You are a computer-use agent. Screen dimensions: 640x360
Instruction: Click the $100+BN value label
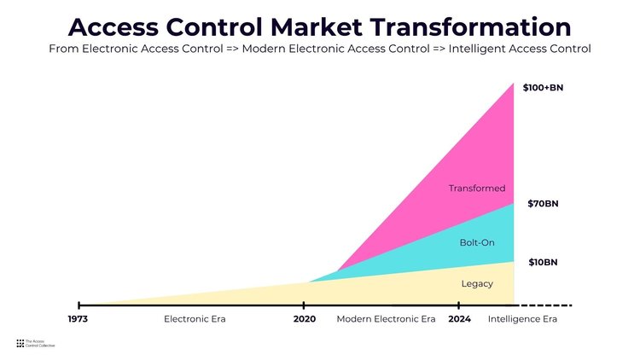543,88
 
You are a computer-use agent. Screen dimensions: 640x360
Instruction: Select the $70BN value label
543,204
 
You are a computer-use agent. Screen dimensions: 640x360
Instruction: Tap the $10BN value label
543,263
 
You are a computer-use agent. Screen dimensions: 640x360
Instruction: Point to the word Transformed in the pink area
477,189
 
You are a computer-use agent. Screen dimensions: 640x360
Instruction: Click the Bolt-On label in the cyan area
477,242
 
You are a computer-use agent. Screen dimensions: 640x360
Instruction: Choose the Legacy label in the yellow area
477,284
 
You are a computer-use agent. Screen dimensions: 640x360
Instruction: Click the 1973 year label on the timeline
78,319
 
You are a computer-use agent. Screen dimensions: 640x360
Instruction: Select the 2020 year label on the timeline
305,319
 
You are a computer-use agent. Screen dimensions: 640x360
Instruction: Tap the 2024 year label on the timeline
459,319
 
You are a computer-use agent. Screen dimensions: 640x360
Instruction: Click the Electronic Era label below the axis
195,319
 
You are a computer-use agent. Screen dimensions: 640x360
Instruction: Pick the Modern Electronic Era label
386,319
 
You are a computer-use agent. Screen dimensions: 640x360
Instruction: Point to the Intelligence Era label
522,319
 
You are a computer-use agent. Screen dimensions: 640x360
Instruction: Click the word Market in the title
316,27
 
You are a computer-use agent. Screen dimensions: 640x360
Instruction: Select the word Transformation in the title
470,27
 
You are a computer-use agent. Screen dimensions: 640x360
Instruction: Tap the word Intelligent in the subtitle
474,49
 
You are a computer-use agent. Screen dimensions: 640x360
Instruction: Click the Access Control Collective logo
36,343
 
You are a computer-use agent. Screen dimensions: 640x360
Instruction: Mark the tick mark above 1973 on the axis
79,305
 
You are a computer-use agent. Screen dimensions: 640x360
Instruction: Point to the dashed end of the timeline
544,305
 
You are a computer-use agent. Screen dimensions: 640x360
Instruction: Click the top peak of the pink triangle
514,84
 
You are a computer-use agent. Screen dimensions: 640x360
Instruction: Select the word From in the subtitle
64,49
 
